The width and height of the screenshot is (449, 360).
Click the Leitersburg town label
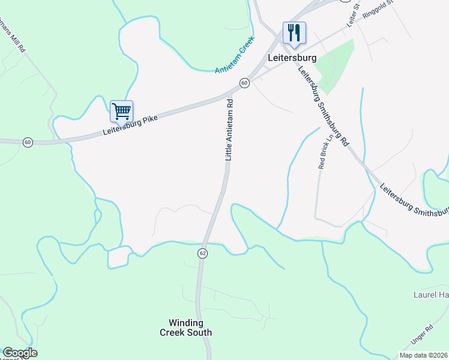click(291, 59)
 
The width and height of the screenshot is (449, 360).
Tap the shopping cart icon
click(121, 111)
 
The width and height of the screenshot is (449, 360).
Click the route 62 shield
click(203, 253)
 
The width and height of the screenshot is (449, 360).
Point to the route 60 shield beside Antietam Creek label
click(244, 83)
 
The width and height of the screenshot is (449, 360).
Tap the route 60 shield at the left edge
click(28, 142)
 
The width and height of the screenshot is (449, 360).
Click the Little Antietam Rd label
click(229, 130)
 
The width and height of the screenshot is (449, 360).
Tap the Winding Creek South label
click(185, 328)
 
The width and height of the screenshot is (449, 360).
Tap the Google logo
click(20, 353)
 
